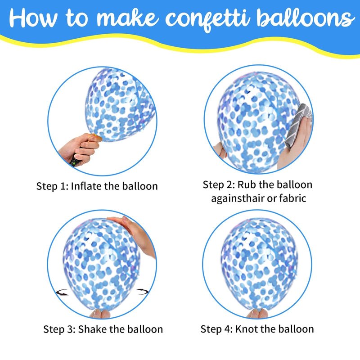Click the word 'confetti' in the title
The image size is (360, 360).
[207, 18]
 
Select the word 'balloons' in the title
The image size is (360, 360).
[305, 18]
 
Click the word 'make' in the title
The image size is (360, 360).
[128, 18]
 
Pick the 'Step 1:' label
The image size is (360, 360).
[52, 186]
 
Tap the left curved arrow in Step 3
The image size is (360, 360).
[62, 292]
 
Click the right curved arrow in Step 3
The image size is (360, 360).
[143, 292]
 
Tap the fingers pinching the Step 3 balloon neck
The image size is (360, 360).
[100, 314]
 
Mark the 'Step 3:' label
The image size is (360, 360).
[59, 329]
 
